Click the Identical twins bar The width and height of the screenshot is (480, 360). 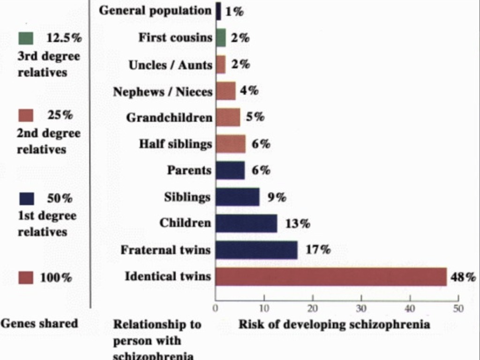pos(331,277)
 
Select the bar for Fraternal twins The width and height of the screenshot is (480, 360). pos(256,250)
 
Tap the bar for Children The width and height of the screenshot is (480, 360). pos(246,224)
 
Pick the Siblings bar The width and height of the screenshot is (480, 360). pos(237,197)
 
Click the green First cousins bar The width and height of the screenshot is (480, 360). pos(221,38)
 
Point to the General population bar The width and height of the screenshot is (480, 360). pos(218,11)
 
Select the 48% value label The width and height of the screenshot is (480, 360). pos(463,277)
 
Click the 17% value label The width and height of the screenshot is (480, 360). pos(318,250)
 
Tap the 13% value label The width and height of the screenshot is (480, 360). pos(298,224)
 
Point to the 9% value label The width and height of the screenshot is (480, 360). pos(277,197)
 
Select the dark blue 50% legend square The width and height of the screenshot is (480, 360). pos(26,199)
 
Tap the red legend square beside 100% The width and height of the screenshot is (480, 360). pos(26,278)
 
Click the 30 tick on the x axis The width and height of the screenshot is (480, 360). pos(361,309)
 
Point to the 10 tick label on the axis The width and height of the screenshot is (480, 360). pos(264,309)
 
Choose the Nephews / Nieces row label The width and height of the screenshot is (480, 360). pos(163,92)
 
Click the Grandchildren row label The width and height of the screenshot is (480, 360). pos(169,118)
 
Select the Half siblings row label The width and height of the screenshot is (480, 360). pos(175,144)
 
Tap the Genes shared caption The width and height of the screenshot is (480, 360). pos(39,323)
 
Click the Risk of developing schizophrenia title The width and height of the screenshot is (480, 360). pos(334,324)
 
